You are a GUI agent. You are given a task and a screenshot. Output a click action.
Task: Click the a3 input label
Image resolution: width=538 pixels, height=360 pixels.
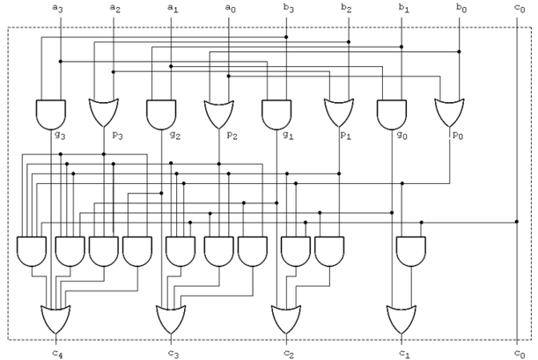[x=57, y=8]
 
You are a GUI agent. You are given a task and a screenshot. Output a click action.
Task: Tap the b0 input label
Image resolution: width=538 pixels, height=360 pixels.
[x=461, y=8]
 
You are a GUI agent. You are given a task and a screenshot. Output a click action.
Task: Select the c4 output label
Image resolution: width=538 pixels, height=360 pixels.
[x=57, y=353]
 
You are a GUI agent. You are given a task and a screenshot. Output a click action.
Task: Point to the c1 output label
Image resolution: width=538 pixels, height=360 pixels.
[x=404, y=353]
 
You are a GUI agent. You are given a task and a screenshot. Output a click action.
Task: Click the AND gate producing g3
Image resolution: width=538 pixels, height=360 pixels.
[x=51, y=114]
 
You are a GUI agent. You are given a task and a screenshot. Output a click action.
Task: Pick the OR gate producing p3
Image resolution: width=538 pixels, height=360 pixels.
[x=104, y=113]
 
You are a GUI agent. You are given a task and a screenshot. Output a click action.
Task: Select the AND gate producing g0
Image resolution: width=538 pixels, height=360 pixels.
[x=392, y=114]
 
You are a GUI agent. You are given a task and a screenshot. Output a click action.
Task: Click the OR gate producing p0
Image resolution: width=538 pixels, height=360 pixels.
[x=449, y=113]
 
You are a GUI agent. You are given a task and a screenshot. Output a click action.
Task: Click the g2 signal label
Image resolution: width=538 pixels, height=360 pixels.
[x=175, y=135]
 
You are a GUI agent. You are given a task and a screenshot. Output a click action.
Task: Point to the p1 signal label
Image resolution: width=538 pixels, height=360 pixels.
[x=345, y=136]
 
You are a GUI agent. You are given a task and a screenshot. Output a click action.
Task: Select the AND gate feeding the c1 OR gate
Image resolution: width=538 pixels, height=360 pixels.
[x=411, y=252]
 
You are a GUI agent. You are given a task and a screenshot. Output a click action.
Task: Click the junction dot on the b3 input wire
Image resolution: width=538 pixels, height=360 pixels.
[x=286, y=37]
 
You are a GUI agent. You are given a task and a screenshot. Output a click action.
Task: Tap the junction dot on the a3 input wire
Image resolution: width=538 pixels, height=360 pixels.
[x=61, y=62]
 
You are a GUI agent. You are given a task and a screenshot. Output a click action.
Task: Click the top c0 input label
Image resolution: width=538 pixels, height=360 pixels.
[x=520, y=8]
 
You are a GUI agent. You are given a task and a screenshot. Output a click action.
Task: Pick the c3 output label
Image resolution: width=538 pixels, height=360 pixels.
[x=173, y=353]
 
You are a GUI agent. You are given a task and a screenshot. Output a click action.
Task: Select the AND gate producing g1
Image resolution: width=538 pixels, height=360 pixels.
[x=276, y=114]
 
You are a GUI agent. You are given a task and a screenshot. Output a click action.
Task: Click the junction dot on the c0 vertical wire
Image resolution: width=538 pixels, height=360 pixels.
[x=517, y=222]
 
